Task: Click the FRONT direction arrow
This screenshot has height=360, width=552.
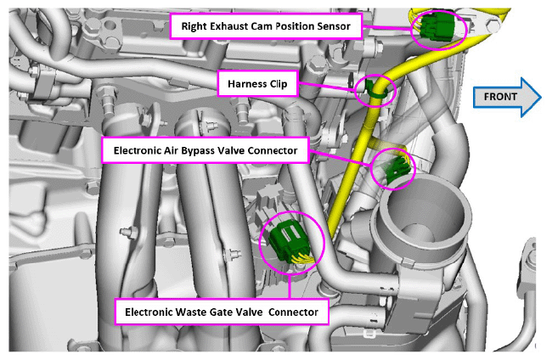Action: click(x=506, y=97)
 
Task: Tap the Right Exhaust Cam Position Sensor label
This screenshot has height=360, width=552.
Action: click(x=266, y=26)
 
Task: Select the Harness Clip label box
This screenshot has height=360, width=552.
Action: click(x=257, y=84)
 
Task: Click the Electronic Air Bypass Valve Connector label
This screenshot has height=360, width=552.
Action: click(x=206, y=150)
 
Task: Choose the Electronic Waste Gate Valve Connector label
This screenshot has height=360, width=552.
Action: click(x=222, y=312)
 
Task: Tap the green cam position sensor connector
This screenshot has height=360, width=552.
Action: click(x=437, y=26)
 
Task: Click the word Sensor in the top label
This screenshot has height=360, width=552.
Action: click(x=334, y=26)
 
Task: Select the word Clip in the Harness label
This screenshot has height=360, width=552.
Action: click(x=278, y=84)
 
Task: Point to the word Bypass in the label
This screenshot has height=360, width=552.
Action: click(x=198, y=150)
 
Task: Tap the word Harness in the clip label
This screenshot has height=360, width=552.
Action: click(x=247, y=84)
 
